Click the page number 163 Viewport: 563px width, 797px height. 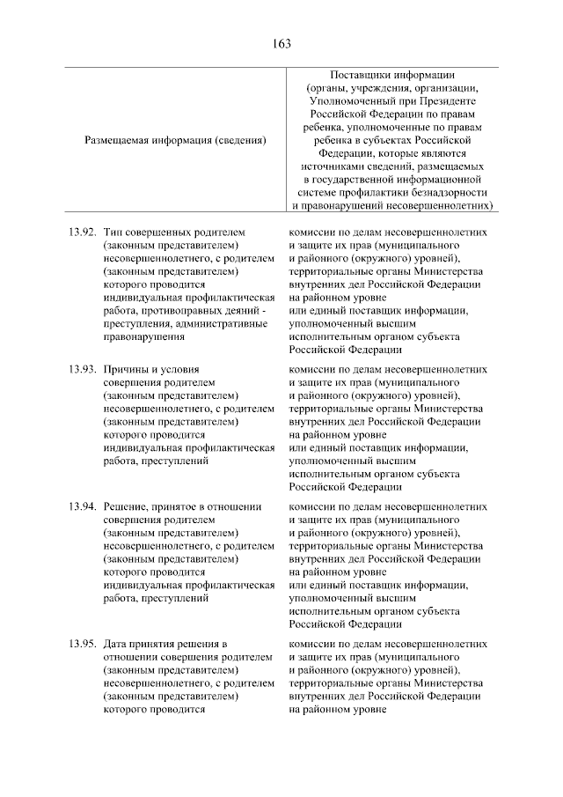281,43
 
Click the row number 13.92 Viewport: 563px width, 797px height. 80,232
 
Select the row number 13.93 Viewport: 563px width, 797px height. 80,369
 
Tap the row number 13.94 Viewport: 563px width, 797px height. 80,507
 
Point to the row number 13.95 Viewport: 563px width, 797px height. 80,644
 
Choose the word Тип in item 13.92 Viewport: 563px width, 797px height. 113,232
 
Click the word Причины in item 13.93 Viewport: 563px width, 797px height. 127,369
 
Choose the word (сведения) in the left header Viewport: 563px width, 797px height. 239,139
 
